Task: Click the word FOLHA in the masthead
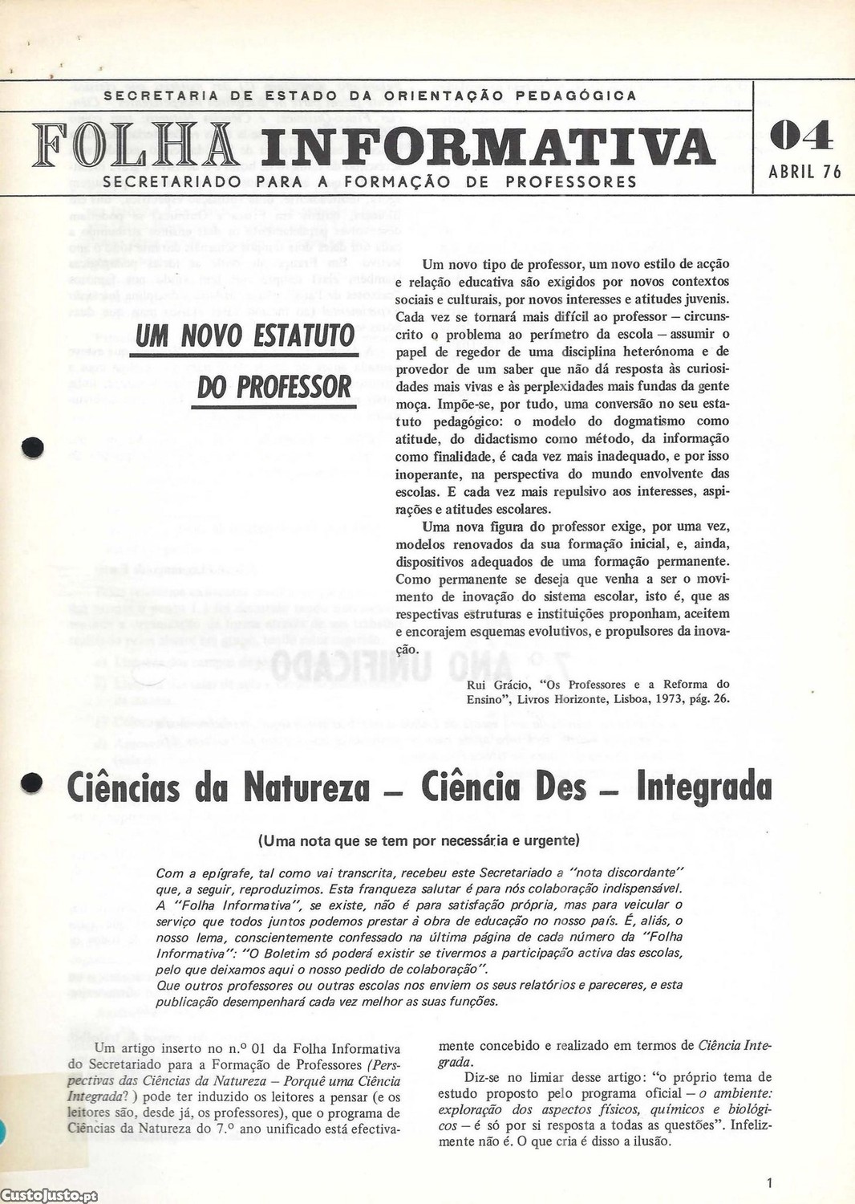pos(135,145)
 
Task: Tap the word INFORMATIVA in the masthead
pos(486,146)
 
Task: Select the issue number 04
pos(800,136)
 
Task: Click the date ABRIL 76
pos(804,172)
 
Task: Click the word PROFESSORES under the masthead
pos(570,182)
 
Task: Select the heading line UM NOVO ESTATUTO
pos(245,336)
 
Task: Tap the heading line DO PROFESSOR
pos(274,387)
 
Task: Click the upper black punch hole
pos(32,447)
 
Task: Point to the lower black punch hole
pos(31,783)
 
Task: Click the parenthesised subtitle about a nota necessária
pos(418,841)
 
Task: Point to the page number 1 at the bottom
pos(769,1182)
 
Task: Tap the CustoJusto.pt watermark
pos(49,1196)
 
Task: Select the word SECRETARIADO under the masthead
pos(172,182)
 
